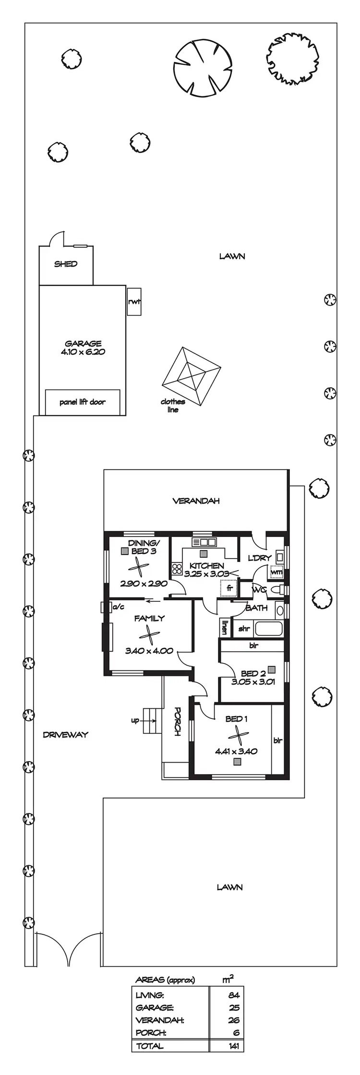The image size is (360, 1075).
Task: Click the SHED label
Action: point(66,264)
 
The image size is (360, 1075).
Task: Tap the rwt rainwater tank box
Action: point(134,302)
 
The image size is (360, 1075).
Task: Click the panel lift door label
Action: point(83,402)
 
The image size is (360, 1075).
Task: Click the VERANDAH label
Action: point(196,501)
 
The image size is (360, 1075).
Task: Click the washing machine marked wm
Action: point(276,573)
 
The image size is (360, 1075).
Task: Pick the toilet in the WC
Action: point(277,589)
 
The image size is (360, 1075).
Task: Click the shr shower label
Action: point(244,629)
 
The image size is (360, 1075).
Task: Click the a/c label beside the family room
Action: point(118,607)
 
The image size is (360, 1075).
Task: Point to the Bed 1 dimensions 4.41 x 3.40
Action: point(236,751)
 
